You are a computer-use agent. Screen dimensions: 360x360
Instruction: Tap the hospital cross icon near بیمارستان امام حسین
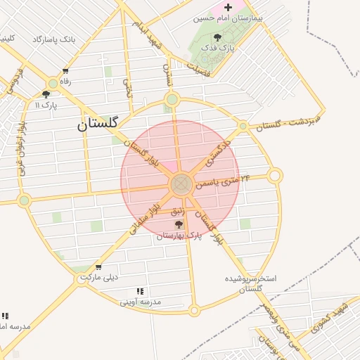click(x=228, y=6)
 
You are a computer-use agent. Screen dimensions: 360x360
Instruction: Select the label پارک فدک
click(x=215, y=49)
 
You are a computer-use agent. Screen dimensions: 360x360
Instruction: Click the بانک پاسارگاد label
click(x=53, y=39)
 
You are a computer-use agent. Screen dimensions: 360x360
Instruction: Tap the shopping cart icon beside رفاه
click(x=65, y=71)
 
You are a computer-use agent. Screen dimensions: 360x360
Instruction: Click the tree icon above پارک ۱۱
click(x=46, y=94)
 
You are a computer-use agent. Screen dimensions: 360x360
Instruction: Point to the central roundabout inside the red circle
click(x=181, y=185)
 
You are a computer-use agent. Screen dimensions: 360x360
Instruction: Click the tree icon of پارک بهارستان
click(x=179, y=224)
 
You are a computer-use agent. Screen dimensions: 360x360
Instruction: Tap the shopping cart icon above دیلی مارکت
click(x=98, y=266)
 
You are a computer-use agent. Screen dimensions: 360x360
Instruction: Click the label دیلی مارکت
click(x=98, y=277)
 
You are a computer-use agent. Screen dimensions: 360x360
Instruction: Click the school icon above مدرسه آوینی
click(x=141, y=290)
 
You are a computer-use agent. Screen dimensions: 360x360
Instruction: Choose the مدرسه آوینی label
click(x=140, y=302)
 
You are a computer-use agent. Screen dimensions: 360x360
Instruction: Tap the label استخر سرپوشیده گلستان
click(x=250, y=283)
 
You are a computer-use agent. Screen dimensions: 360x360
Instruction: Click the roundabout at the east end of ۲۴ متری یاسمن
click(x=275, y=175)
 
